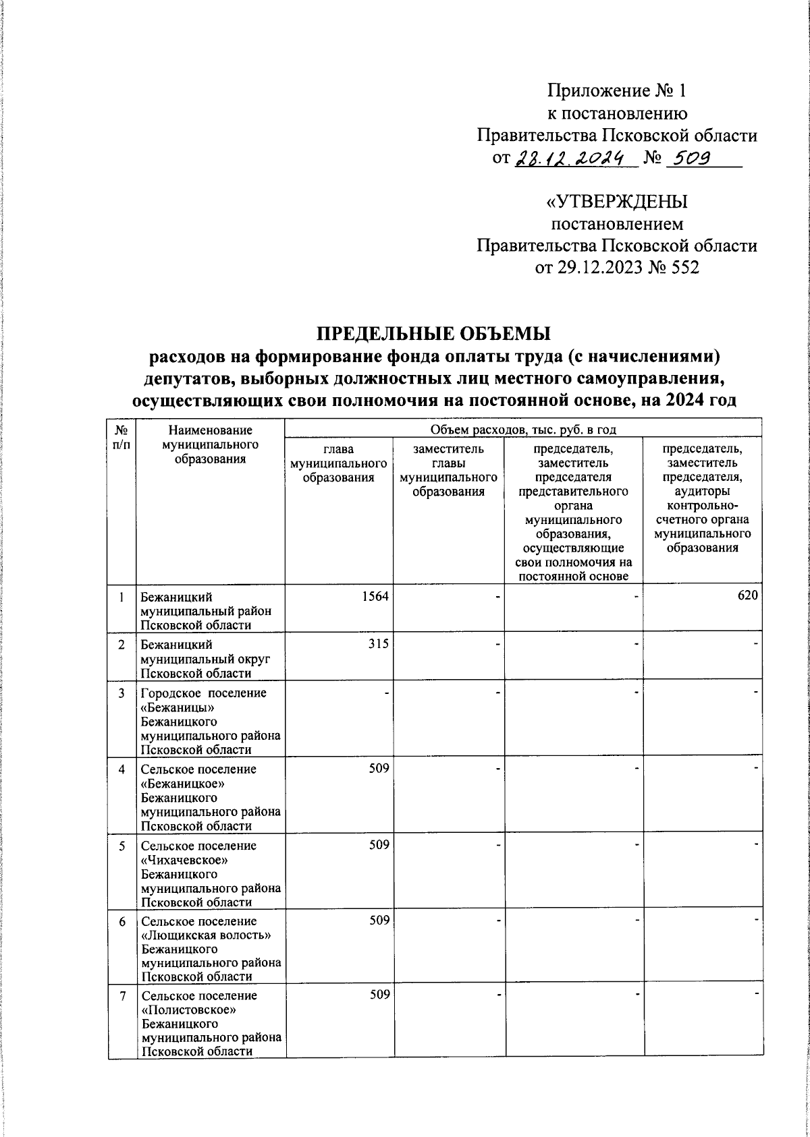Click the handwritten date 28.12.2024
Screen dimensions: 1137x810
pos(576,158)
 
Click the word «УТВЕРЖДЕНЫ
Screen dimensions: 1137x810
pos(617,202)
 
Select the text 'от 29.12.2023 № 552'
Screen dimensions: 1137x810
pos(617,268)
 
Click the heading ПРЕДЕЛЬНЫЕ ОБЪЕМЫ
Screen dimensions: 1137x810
pos(434,333)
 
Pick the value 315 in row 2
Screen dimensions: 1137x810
pos(379,644)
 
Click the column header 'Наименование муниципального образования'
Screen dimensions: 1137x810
pos(211,444)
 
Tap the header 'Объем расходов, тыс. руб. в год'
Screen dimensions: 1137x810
pos(522,430)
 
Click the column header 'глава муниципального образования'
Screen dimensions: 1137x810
pos(338,463)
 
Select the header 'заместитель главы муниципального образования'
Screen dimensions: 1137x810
pos(449,470)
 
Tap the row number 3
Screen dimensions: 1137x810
pos(122,693)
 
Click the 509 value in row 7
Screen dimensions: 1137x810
pos(379,995)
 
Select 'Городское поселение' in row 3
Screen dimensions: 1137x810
pos(203,693)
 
